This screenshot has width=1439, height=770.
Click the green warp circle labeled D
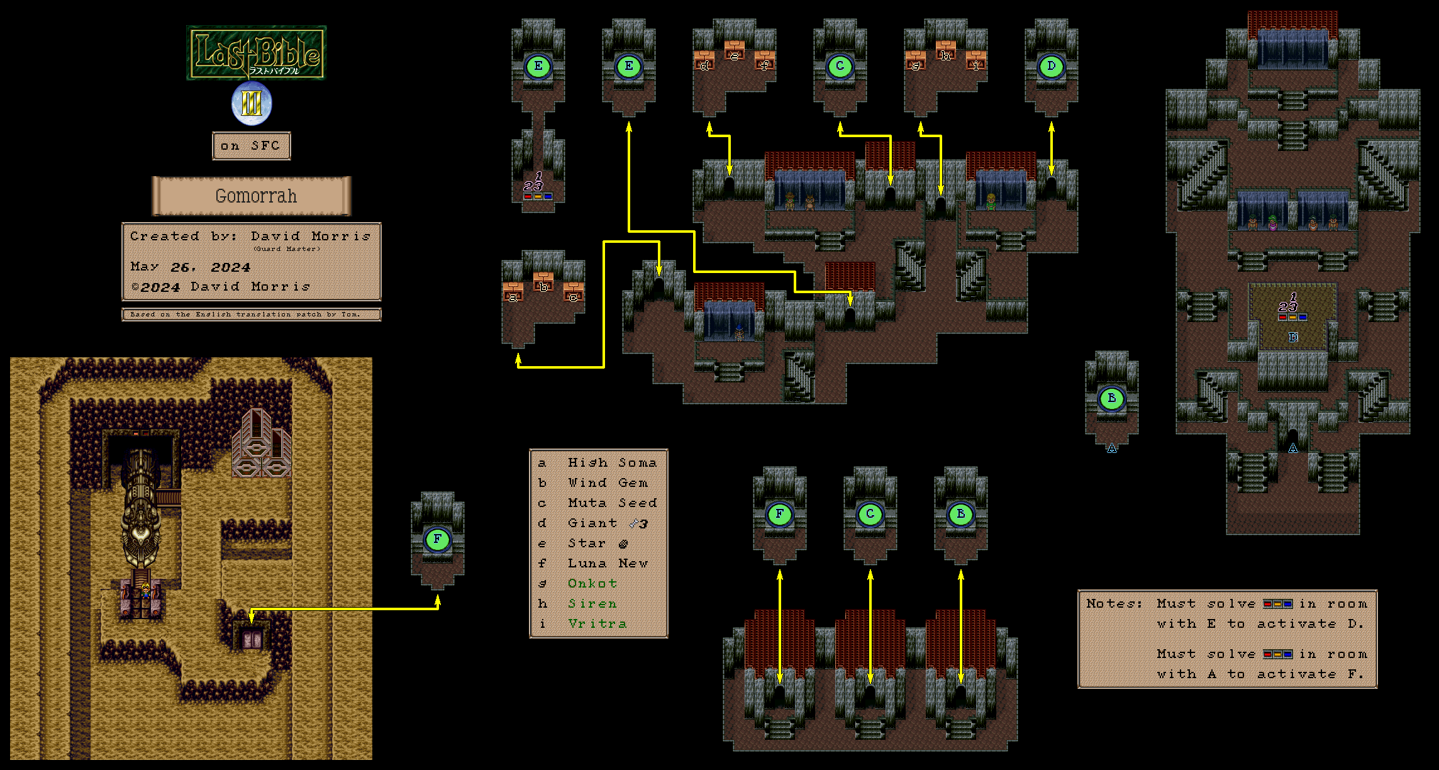point(1051,67)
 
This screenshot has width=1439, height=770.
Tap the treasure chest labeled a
point(513,293)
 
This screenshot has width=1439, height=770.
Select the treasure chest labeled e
point(734,51)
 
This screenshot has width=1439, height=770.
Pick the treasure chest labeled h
point(945,51)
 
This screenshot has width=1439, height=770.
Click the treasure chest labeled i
point(975,61)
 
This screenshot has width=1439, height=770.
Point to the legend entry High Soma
point(611,463)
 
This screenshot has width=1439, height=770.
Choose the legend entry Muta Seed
point(611,503)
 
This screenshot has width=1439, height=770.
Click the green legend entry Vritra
point(597,624)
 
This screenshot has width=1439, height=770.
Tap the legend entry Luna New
point(607,564)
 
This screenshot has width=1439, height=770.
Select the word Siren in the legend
point(592,604)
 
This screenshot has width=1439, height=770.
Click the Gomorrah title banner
point(252,196)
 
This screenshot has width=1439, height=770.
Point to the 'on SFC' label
point(251,146)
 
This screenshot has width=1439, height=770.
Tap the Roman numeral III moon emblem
point(252,104)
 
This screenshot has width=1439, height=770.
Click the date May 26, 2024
point(190,267)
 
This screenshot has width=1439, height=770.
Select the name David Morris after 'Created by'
point(311,237)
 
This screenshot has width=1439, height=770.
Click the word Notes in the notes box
point(1113,604)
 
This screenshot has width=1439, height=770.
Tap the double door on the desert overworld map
point(252,639)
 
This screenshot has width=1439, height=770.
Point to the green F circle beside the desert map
point(437,539)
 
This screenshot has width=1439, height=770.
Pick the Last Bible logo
point(256,53)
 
